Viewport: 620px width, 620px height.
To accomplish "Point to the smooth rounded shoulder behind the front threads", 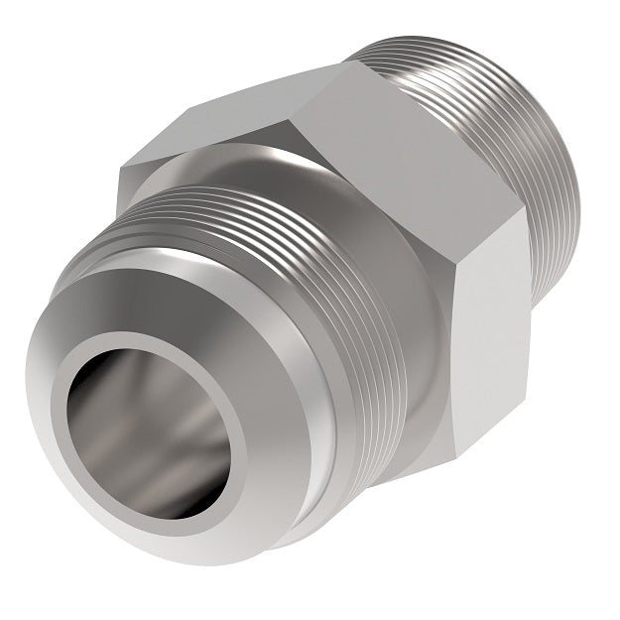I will (397, 327).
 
